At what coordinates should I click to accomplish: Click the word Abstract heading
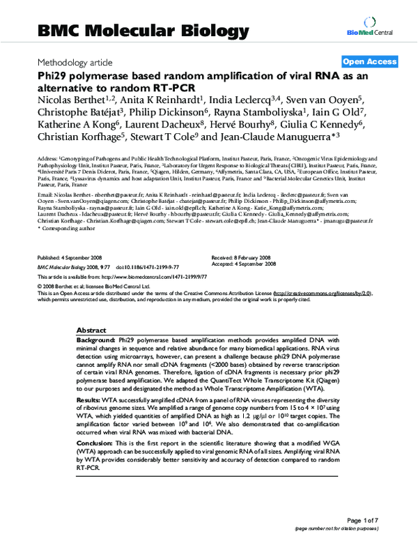[x=91, y=330]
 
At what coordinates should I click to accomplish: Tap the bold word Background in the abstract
[x=97, y=340]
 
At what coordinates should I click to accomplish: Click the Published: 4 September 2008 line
[x=73, y=257]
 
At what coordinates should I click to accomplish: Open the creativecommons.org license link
[x=320, y=294]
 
